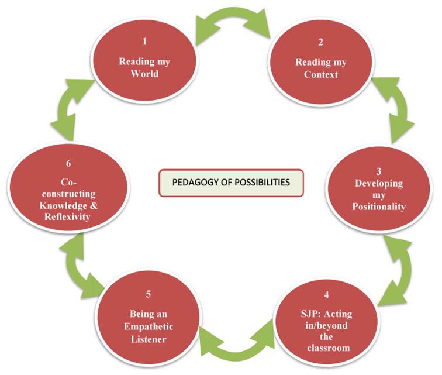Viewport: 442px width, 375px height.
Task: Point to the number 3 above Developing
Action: tap(379, 171)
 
